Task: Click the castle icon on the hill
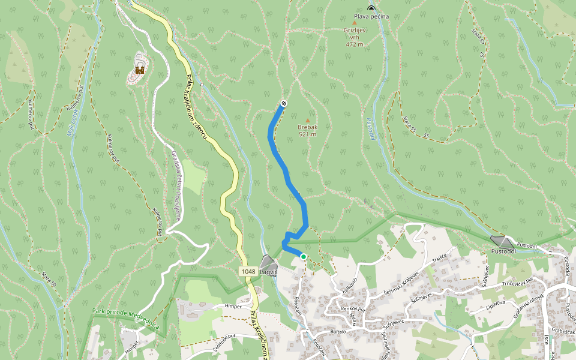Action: coord(140,70)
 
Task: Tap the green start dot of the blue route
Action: coord(304,257)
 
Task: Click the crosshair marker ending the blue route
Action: coord(284,103)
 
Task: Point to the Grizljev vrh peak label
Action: coord(355,36)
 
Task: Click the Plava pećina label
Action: coord(371,16)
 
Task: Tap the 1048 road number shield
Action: coord(249,272)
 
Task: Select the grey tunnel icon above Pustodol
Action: coord(502,241)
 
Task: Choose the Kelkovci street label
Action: coord(350,287)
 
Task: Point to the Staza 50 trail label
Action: coord(49,280)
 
